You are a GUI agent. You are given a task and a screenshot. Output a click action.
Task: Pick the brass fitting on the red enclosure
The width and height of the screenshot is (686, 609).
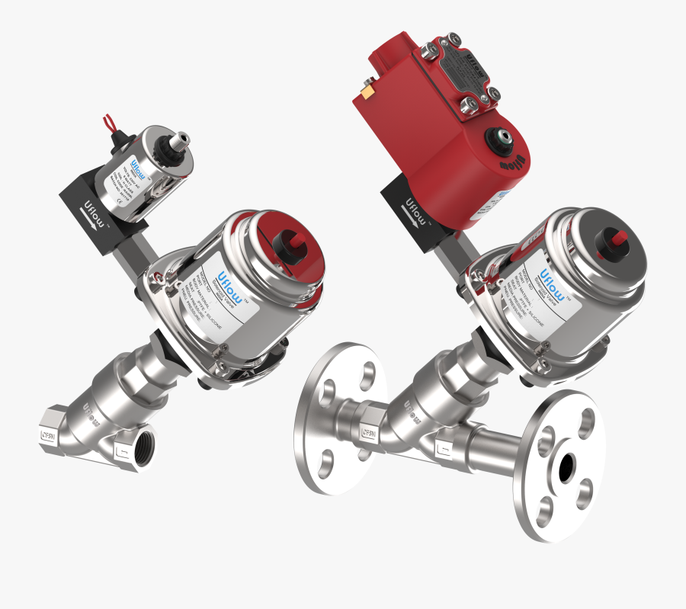pos(366,93)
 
